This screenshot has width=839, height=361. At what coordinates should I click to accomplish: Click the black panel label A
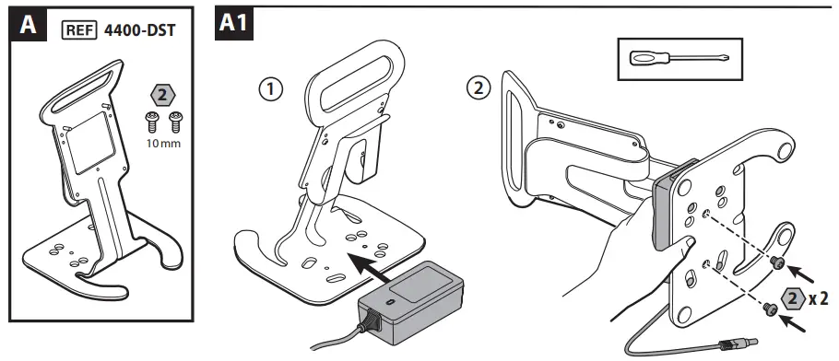[28, 25]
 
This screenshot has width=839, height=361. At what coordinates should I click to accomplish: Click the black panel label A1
[234, 24]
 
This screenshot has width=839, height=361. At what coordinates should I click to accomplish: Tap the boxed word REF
[79, 30]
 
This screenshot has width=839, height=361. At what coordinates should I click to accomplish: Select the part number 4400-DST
[139, 30]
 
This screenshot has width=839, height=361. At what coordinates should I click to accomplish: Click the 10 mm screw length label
[164, 144]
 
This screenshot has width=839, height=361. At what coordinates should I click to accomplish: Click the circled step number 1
[270, 89]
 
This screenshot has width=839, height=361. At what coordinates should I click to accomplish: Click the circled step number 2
[478, 88]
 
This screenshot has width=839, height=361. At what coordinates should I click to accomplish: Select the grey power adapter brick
[411, 303]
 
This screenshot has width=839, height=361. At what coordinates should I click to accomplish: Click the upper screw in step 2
[777, 262]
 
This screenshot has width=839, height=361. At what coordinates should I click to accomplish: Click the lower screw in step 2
[771, 309]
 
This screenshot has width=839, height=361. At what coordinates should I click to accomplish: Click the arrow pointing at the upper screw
[801, 273]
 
